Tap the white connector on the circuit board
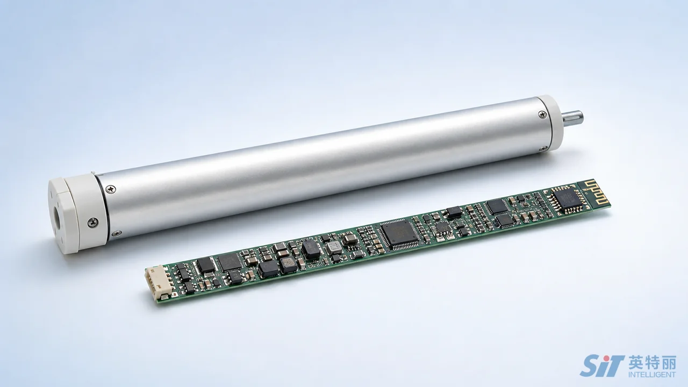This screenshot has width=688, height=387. (156, 283)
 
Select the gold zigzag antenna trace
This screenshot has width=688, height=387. (592, 193)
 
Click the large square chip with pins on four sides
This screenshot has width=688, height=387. (399, 234)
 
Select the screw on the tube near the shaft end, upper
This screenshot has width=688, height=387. (542, 115)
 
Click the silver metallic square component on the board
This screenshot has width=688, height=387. (334, 248)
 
